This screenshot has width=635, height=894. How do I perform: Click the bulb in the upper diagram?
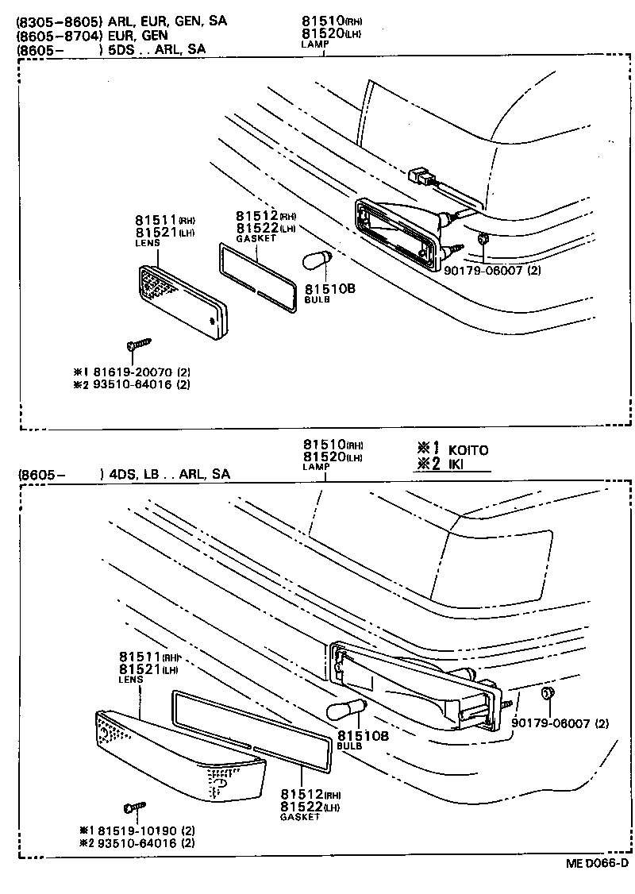pos(317,260)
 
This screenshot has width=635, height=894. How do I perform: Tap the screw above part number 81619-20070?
pos(138,345)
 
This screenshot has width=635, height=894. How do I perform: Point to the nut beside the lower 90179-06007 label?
pos(546,695)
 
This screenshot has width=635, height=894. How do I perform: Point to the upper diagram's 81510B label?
pos(329,289)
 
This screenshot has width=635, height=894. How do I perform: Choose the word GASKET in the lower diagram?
pos(300,817)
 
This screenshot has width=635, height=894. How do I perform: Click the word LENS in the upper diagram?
pos(148,243)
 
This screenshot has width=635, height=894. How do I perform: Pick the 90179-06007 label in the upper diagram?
pos(492,270)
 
